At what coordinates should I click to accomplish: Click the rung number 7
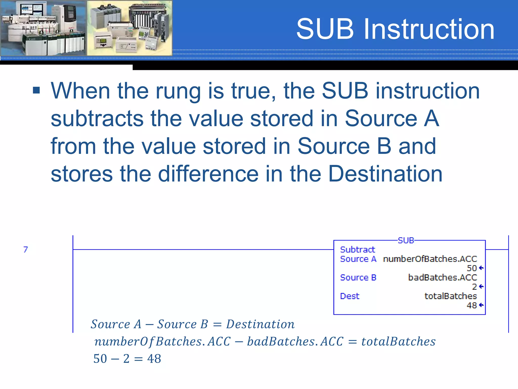(x=26, y=249)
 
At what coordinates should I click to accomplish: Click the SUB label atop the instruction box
(x=406, y=240)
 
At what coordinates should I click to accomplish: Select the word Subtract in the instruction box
(x=357, y=250)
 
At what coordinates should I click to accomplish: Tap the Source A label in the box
(x=358, y=259)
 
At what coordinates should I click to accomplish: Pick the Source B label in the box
(x=358, y=278)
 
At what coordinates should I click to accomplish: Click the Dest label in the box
(x=350, y=296)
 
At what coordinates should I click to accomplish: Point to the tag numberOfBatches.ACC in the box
(x=430, y=259)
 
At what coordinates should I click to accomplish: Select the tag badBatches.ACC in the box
(x=442, y=278)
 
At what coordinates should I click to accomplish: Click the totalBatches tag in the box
(x=450, y=296)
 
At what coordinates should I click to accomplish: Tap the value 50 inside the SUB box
(x=472, y=268)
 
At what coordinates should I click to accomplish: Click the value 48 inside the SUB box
(x=472, y=305)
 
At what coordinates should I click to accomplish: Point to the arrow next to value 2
(x=481, y=286)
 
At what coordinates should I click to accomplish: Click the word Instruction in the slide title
(x=429, y=29)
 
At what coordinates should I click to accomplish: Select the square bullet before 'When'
(x=36, y=90)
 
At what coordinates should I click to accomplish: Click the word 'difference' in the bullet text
(x=208, y=174)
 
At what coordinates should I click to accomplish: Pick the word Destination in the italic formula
(x=260, y=324)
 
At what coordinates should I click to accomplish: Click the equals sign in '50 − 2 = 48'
(x=138, y=359)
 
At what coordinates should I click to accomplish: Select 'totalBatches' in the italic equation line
(x=398, y=341)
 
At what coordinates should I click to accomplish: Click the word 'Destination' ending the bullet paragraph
(x=385, y=174)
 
